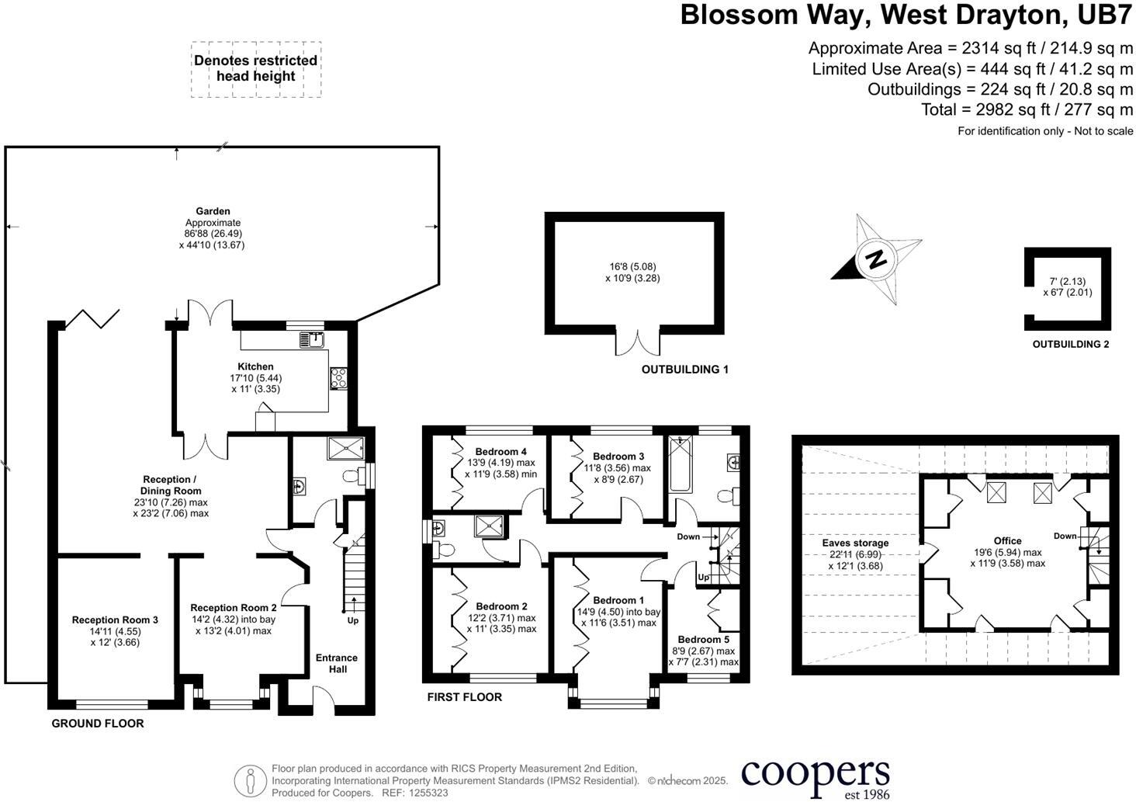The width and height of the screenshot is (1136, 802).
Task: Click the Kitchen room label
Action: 255,366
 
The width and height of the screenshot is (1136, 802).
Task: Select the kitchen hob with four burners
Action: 339,377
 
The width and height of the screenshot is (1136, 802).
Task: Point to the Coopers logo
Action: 815,776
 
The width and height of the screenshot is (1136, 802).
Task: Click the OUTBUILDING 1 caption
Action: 684,370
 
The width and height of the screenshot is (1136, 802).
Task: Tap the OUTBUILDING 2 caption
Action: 1070,344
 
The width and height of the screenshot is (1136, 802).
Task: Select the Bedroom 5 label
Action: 704,639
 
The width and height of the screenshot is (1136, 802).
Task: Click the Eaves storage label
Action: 855,543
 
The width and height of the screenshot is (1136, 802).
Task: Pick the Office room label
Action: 1007,540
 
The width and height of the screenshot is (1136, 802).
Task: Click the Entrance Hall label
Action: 337,663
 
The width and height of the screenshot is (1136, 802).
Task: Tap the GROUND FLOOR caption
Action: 98,723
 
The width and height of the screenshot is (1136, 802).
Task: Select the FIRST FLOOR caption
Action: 464,697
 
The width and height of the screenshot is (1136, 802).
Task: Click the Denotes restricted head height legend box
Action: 255,69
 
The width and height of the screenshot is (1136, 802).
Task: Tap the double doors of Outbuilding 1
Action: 639,342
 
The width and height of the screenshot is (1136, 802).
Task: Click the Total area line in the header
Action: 1027,109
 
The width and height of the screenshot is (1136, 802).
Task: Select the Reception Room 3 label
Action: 115,620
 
